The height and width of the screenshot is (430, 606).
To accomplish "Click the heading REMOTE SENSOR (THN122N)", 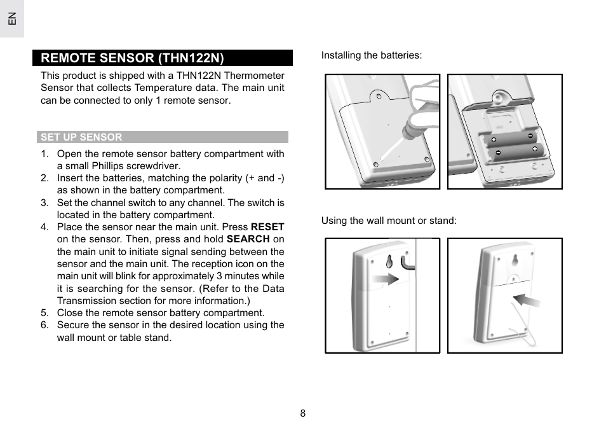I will (133, 58).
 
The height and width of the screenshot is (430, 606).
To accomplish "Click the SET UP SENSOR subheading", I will (81, 137).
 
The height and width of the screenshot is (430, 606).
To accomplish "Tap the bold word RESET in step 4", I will (267, 227).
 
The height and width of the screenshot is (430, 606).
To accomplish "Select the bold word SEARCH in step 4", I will (248, 239).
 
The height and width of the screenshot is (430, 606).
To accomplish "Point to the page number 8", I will (303, 413).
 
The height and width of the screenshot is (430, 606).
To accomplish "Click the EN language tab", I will (11, 18).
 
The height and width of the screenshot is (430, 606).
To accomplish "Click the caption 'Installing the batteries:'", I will (371, 55).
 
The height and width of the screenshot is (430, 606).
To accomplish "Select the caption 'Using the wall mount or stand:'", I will (389, 221).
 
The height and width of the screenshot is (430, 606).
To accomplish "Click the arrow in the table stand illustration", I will (526, 300).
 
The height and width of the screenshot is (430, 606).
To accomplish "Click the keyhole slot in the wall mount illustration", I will (388, 260).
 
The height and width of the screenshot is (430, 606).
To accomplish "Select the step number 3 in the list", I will (44, 203).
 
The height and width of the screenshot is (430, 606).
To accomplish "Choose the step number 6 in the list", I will (44, 325).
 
